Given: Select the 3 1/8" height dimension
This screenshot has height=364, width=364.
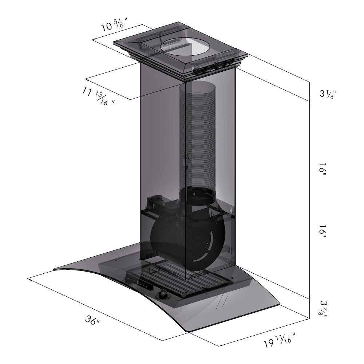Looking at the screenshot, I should pyautogui.click(x=327, y=94).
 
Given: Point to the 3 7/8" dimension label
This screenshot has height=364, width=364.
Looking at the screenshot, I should pyautogui.click(x=322, y=309).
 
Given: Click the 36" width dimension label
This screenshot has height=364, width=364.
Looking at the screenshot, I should pyautogui.click(x=92, y=321).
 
